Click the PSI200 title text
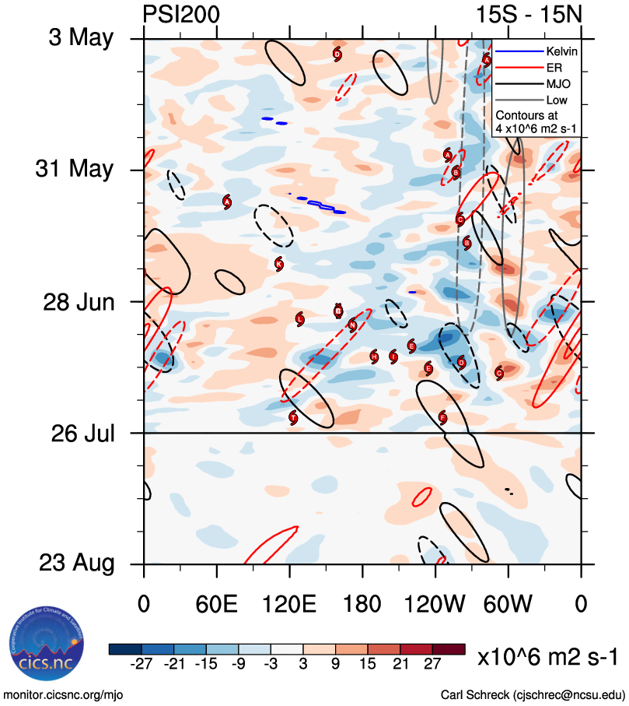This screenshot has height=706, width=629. (x=181, y=14)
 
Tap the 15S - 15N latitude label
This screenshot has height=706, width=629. (x=529, y=14)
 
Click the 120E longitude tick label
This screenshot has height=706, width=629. (x=289, y=603)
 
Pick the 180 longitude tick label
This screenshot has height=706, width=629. (x=362, y=603)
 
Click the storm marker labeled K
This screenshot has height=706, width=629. (x=279, y=264)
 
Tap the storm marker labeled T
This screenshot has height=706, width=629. (x=293, y=417)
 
